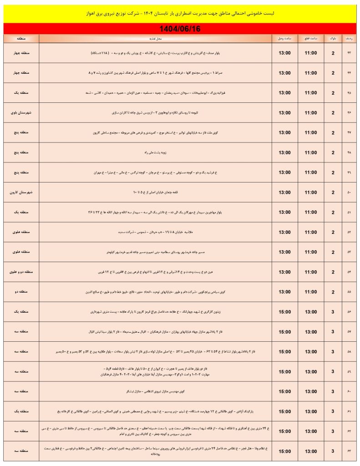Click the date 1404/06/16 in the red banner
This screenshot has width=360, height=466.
(x=180, y=29)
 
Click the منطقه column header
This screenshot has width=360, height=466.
(x=21, y=38)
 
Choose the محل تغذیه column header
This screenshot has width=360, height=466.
(x=156, y=38)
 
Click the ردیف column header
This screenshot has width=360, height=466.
(x=350, y=38)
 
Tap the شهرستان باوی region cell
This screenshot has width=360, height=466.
(x=21, y=112)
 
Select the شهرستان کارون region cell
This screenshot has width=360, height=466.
(x=21, y=192)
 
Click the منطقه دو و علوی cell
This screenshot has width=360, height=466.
(x=21, y=272)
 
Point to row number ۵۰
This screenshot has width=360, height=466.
(x=350, y=192)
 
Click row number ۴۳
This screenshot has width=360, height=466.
(x=350, y=53)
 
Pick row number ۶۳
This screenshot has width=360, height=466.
(x=350, y=451)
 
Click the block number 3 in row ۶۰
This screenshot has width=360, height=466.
(x=333, y=391)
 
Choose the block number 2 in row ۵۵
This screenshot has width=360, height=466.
(x=333, y=292)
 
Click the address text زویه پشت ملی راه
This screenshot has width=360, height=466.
(x=156, y=152)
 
